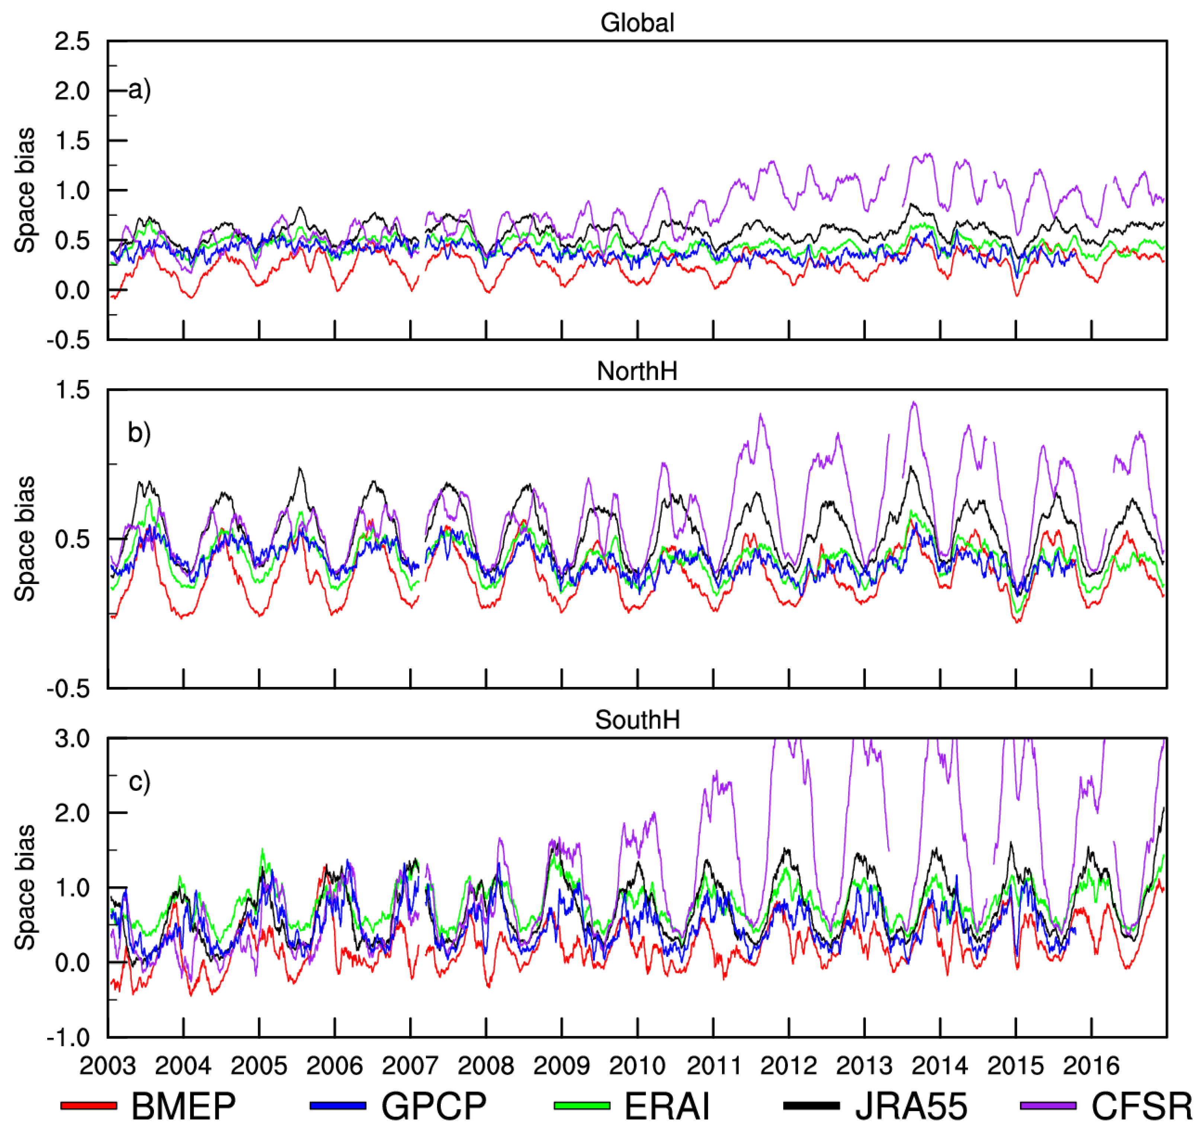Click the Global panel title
(x=637, y=23)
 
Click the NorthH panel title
(x=637, y=371)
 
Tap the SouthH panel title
(x=637, y=720)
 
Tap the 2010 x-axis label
(x=637, y=1066)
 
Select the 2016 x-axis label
(x=1091, y=1066)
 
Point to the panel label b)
(x=139, y=433)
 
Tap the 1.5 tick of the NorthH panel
(x=72, y=390)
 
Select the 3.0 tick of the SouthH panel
(x=72, y=739)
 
